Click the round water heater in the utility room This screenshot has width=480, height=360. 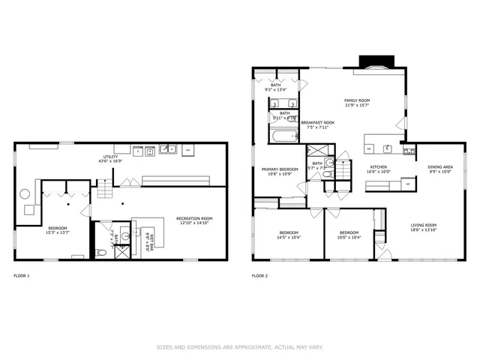25,193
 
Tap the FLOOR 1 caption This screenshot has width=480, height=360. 21,276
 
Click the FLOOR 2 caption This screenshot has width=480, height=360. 259,276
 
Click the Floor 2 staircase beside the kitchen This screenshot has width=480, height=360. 343,169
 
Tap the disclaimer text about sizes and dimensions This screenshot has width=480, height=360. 240,346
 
